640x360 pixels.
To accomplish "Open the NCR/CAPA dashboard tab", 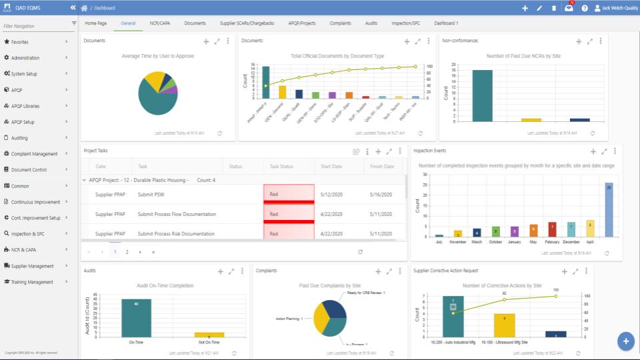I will (x=159, y=23).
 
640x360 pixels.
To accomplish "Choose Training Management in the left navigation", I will (x=32, y=282).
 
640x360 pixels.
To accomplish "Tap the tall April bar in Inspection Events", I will (x=609, y=209).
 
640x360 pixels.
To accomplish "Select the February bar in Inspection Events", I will (x=552, y=229).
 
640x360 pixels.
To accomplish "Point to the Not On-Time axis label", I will (x=209, y=343).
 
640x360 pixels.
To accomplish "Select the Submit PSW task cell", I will (x=151, y=195).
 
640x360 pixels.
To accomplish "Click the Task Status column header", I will (x=282, y=166).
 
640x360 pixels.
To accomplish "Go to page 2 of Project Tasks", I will (x=127, y=252).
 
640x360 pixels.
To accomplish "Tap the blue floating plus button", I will (x=625, y=341).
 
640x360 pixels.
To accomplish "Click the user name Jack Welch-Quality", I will (x=616, y=8).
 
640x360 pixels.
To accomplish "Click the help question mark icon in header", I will (x=585, y=8).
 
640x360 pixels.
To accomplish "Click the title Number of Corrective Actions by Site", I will (x=501, y=285).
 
